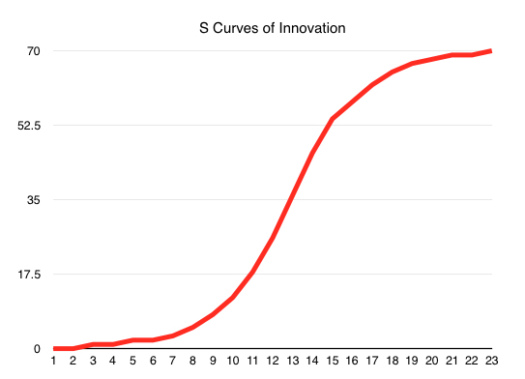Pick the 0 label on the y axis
pos(36,348)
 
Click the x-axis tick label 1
pos(54,365)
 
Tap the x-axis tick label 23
pos(491,365)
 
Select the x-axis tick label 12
pos(273,365)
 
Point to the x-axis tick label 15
pos(333,365)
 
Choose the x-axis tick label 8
pos(193,365)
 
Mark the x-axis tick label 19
pos(412,365)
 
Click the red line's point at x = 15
pos(333,119)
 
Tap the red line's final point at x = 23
pos(491,50)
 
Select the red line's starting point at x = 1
pos(54,348)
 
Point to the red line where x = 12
pos(273,238)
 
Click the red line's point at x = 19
pos(412,64)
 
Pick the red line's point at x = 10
pos(233,298)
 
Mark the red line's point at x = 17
pos(372,85)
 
